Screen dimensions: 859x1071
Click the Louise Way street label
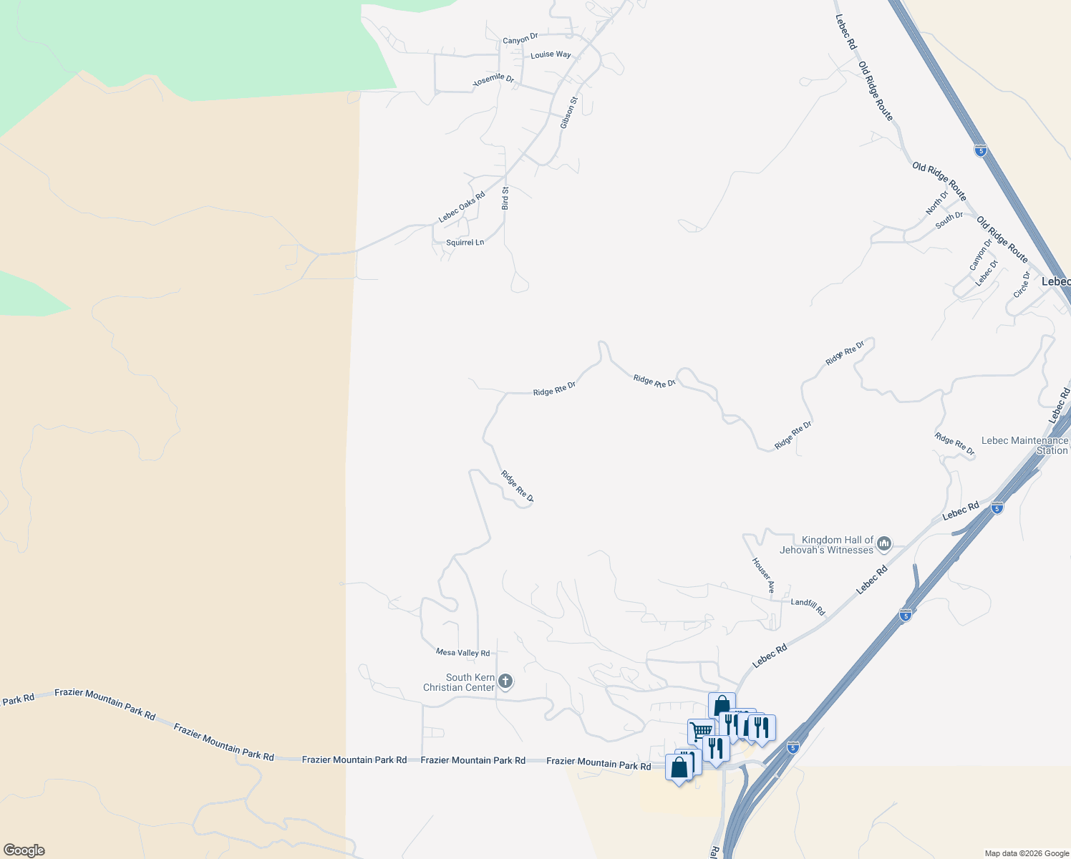551,55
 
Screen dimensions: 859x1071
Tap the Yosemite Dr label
494,79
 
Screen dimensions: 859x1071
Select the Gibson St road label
568,113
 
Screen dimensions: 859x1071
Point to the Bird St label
505,198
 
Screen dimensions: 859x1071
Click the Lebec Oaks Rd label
462,206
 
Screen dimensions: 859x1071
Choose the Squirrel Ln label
465,243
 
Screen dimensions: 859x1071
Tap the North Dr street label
936,203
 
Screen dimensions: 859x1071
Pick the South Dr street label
949,220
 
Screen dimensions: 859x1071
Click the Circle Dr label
1022,284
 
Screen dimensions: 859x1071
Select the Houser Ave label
763,576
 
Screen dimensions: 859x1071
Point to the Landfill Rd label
808,606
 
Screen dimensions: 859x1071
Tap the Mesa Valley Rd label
462,653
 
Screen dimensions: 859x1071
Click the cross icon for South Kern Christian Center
505,681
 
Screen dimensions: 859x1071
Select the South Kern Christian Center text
459,682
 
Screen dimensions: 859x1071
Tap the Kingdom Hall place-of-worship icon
884,545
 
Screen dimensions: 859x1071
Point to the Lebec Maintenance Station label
1025,445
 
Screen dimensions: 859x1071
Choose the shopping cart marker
701,731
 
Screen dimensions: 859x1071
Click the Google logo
24,850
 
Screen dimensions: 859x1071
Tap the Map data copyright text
1027,853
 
